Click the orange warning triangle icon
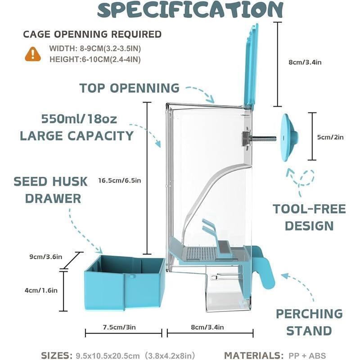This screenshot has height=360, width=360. (33, 54)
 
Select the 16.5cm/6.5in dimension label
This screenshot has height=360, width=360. (120, 181)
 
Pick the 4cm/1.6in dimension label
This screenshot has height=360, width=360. (41, 290)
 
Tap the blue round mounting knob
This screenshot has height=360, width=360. (288, 137)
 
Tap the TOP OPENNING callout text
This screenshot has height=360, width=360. (130, 88)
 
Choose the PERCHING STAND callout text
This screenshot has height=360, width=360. (309, 322)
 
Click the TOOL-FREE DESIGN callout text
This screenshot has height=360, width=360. (309, 217)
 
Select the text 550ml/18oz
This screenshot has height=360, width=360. (79, 120)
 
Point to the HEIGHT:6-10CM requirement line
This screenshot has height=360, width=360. (85, 59)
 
